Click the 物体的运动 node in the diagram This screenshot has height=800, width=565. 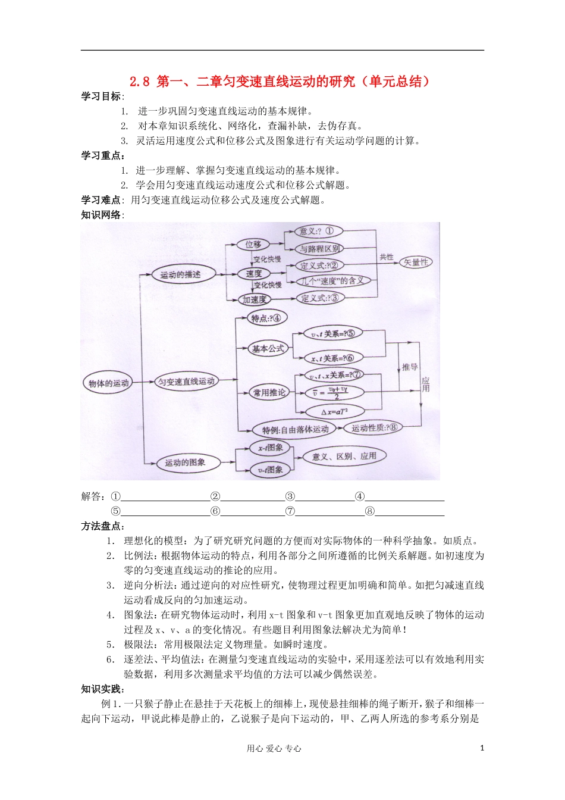(x=108, y=383)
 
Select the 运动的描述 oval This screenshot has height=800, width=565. (x=180, y=275)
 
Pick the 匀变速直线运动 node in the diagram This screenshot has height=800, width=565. (x=187, y=382)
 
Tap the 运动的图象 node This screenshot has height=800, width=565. (x=185, y=462)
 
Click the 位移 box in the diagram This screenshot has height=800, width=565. (x=253, y=244)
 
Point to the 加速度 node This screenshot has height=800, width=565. (x=255, y=299)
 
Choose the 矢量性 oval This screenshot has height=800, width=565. (x=416, y=262)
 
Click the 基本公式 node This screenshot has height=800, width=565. (x=268, y=348)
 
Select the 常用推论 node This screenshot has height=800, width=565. (x=269, y=392)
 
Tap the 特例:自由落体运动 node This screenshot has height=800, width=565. (x=296, y=429)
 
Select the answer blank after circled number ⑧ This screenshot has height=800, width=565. (x=410, y=511)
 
